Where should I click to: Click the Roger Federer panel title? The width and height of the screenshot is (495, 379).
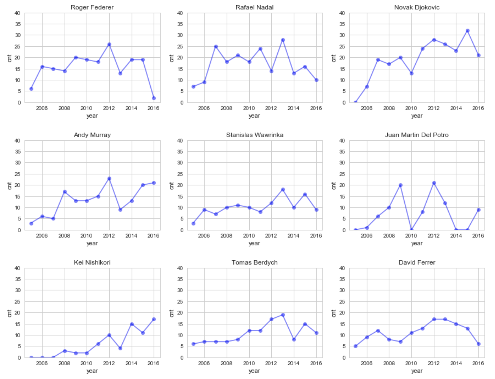coord(92,7)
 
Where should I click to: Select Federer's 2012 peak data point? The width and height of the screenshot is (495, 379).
coord(109,45)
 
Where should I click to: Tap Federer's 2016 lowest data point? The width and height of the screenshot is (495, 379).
coord(154,98)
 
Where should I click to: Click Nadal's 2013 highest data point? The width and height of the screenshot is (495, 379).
coord(283,40)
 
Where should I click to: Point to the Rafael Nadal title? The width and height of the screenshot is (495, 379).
coord(255,7)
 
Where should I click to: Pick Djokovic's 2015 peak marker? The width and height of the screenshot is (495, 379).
coord(468,31)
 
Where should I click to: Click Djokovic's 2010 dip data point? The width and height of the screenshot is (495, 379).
coord(411,73)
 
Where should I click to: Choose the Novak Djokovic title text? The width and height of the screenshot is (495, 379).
coord(417,7)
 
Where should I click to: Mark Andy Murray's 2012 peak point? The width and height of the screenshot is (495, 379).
coord(109,179)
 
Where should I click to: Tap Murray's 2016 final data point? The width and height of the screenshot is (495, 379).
coord(154,183)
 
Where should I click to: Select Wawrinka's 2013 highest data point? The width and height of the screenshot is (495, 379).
coord(283,189)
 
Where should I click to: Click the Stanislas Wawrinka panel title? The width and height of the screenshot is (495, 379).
coord(255,135)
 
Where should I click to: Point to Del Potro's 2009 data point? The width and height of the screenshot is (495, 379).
coord(400,185)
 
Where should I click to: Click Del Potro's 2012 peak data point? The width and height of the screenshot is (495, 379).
coord(434,183)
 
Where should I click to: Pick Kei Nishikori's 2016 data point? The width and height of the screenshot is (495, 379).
coord(154,319)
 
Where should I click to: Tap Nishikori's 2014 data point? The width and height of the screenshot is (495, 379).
coord(132,324)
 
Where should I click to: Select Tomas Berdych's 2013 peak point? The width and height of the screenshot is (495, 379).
coord(283,315)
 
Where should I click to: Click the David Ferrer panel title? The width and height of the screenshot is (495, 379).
coord(417,262)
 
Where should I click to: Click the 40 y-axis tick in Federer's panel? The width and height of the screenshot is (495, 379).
coord(17,13)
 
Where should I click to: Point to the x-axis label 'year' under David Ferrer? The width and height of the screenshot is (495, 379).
coord(417,371)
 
